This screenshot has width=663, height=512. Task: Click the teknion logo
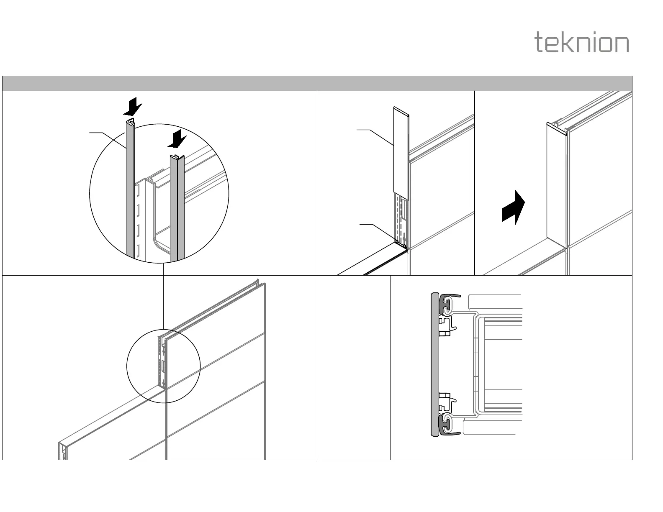582,43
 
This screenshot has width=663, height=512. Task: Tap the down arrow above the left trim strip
133,106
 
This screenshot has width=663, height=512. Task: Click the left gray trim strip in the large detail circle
130,192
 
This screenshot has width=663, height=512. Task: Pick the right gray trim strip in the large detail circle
177,209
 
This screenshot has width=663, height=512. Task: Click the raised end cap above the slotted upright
401,151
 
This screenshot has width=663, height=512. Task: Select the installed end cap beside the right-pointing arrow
557,184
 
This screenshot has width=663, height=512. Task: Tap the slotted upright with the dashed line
401,218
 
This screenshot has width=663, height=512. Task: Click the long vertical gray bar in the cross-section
435,364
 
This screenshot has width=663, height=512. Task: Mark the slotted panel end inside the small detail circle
162,361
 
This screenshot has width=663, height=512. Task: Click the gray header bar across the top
317,83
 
